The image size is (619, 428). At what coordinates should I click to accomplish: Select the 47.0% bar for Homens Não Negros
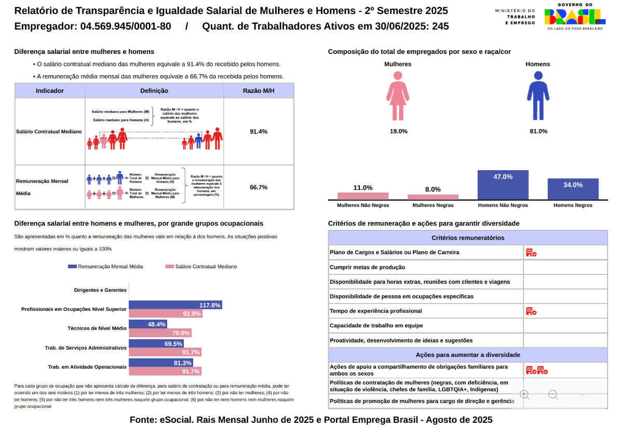[x=503, y=185]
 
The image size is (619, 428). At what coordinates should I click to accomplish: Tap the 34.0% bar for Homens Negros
[x=573, y=189]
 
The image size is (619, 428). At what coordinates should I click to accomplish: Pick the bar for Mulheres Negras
[x=433, y=197]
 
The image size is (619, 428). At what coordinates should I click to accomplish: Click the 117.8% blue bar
[x=175, y=305]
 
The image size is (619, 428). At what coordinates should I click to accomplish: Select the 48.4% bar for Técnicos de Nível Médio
[x=147, y=324]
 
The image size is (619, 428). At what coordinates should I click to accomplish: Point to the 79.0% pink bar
[x=159, y=333]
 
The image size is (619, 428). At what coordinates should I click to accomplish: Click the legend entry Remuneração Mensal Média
[x=105, y=267]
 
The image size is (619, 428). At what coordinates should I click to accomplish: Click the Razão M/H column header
[x=258, y=91]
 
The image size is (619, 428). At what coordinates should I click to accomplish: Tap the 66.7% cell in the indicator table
[x=258, y=187]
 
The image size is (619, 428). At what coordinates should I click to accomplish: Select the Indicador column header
[x=50, y=91]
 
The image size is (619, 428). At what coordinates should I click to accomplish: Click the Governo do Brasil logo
[x=574, y=17]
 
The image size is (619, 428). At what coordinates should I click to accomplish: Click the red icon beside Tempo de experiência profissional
[x=531, y=311]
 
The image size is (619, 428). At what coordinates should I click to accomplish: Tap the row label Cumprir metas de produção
[x=367, y=267]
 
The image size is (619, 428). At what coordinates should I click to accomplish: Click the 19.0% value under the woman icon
[x=398, y=132]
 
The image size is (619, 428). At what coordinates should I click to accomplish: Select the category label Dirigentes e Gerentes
[x=100, y=290]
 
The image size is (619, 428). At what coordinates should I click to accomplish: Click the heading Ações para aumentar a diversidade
[x=468, y=355]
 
